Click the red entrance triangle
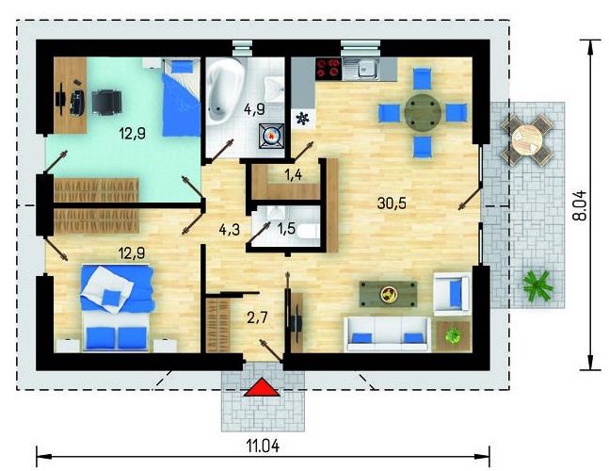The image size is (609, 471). [262, 388]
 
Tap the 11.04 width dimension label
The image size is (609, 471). [263, 447]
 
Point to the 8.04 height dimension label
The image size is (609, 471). [580, 205]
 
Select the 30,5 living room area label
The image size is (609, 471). [392, 203]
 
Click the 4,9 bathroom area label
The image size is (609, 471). [254, 109]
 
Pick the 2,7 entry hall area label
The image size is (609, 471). [257, 317]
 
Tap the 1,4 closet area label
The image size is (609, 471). [294, 175]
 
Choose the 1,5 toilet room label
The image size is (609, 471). [286, 229]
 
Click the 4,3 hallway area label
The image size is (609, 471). [229, 230]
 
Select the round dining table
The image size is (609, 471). [423, 113]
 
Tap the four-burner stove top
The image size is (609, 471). [329, 69]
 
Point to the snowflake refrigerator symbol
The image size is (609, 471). [302, 118]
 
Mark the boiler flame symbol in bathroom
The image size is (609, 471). [271, 136]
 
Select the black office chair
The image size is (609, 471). [106, 102]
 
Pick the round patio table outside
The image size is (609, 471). [527, 139]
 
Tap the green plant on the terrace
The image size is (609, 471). [537, 285]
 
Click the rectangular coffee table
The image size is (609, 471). [388, 294]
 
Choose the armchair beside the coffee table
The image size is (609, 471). [453, 292]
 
